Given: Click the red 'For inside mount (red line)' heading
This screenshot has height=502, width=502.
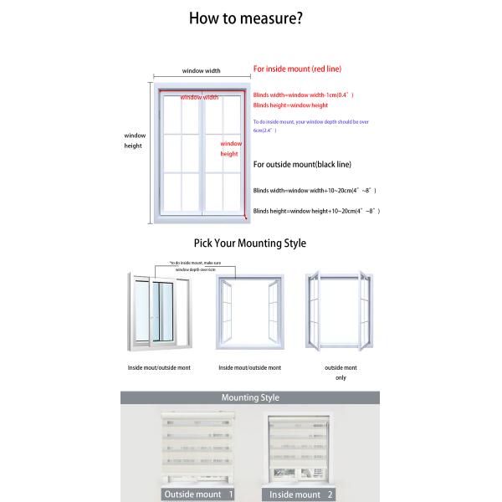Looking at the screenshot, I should click(297, 69).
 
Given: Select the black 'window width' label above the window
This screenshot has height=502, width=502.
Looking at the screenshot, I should click(201, 71).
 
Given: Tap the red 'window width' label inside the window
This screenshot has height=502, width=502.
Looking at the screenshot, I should click(199, 98).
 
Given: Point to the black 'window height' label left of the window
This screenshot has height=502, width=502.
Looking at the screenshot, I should click(134, 141).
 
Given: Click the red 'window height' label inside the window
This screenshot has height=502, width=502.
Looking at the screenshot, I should click(229, 149).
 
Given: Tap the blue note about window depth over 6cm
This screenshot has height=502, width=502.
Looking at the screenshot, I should click(310, 126).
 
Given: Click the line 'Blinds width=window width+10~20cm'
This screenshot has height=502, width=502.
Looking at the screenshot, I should click(315, 191).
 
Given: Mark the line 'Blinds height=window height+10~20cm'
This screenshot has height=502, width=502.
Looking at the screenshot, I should click(316, 211).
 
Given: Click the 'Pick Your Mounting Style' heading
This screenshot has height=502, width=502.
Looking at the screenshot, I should click(249, 243).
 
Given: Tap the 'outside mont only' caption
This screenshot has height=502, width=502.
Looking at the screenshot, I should click(341, 372).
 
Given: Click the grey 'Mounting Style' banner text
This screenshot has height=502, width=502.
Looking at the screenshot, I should click(250, 398).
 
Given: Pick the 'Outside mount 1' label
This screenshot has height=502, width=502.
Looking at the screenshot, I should click(198, 494).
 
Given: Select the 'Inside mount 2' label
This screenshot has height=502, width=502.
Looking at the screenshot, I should click(301, 494).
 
